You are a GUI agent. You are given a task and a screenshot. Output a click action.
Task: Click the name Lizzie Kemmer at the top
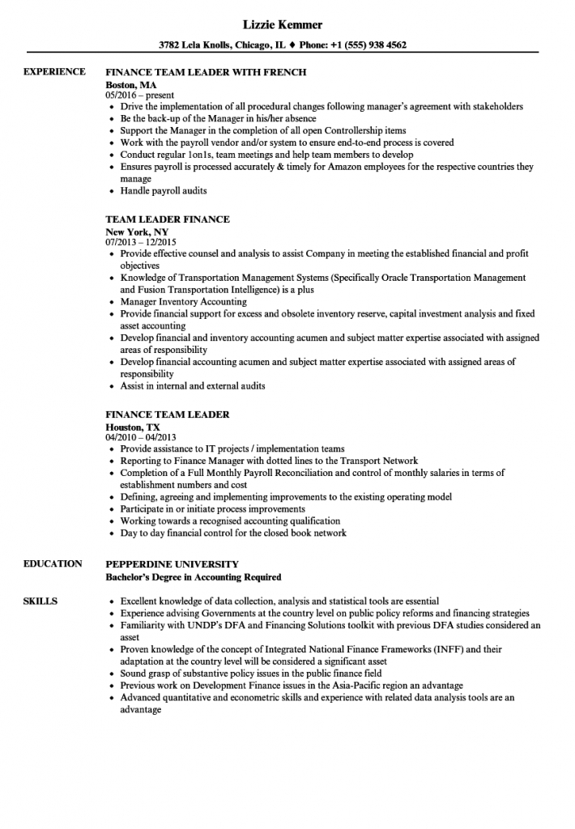[x=287, y=25]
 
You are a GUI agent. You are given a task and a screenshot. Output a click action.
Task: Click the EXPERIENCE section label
[x=54, y=72]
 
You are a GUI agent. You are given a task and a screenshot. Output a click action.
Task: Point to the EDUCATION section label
[x=53, y=563]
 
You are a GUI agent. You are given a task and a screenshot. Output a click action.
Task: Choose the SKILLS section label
[x=40, y=602]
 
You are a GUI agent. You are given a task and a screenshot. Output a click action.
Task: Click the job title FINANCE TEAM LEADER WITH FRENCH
[x=206, y=72]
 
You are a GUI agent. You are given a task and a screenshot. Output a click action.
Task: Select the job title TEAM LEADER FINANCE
[x=168, y=219]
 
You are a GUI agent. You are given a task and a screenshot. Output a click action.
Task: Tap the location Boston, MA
[x=131, y=84]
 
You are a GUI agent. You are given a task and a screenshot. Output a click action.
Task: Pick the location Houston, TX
[x=133, y=426]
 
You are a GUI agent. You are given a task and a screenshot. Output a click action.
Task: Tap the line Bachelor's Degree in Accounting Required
[x=194, y=577]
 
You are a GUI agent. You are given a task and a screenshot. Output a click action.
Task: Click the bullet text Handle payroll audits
[x=164, y=191]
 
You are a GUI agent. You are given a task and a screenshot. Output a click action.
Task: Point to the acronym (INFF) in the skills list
[x=445, y=649]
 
